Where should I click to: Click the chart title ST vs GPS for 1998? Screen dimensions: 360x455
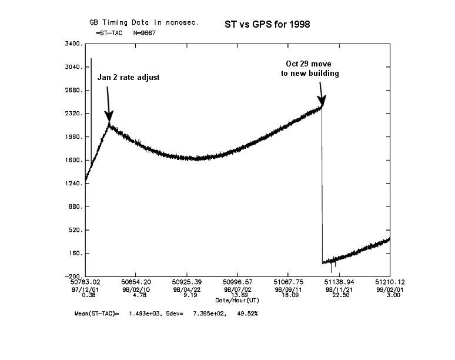[267, 25]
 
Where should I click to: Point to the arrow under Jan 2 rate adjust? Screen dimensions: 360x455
[108, 104]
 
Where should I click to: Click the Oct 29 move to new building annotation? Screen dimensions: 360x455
[310, 69]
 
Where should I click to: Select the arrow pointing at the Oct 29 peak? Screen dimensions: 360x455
[320, 94]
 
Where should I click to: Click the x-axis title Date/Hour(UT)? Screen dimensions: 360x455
[237, 300]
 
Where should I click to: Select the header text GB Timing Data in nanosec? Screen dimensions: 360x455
[144, 23]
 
